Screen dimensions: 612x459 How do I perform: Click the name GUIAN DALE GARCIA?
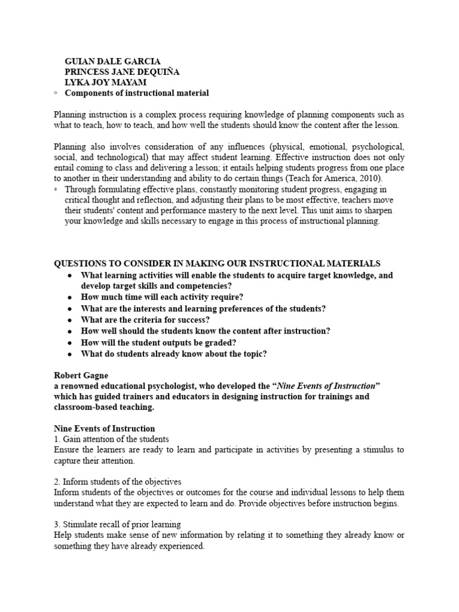pos(112,62)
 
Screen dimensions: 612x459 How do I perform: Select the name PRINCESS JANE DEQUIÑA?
pos(122,72)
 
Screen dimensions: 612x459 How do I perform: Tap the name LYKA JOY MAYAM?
pos(105,82)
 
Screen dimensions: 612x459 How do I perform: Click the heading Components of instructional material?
pos(136,93)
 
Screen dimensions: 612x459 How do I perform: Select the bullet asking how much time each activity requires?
pos(163,297)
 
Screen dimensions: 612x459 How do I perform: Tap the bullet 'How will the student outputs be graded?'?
pos(159,342)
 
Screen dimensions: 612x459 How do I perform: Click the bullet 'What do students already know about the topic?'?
pos(174,353)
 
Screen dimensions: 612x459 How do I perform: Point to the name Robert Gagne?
pos(81,375)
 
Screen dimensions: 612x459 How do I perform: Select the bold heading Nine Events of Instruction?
pos(105,429)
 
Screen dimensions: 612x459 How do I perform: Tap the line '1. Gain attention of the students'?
pos(112,439)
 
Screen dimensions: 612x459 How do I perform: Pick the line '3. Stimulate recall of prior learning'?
pos(117,524)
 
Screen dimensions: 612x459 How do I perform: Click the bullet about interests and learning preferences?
pos(204,308)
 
